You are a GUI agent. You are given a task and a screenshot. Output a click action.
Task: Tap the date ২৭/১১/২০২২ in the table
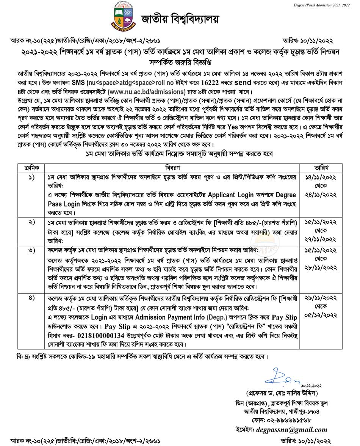pyautogui.click(x=321, y=239)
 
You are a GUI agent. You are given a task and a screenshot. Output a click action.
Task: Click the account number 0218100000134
pyautogui.click(x=102, y=335)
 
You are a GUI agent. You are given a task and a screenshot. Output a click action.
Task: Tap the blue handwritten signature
pyautogui.click(x=280, y=378)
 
